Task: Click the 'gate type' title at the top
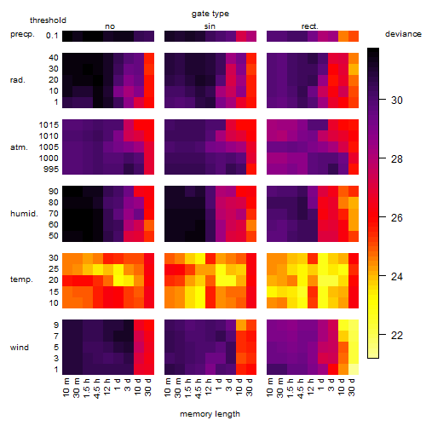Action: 210,14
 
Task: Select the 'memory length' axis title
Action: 210,414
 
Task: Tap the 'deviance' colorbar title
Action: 403,34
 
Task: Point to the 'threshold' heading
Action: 48,20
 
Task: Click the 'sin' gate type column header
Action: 210,26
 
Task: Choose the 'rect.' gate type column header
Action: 309,26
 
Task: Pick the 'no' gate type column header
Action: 110,26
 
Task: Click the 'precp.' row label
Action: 22,34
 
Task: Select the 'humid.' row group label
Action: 24,214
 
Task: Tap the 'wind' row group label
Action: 20,348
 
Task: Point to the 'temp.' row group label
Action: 21,279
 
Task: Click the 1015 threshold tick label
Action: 49,125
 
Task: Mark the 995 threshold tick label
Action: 51,170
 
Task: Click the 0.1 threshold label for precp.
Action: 52,36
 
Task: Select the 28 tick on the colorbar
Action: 396,158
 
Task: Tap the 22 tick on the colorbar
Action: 396,336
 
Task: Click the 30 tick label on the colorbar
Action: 396,100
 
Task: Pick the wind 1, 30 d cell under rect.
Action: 354,369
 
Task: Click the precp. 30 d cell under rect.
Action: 354,36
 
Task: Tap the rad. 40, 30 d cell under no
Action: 149,58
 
